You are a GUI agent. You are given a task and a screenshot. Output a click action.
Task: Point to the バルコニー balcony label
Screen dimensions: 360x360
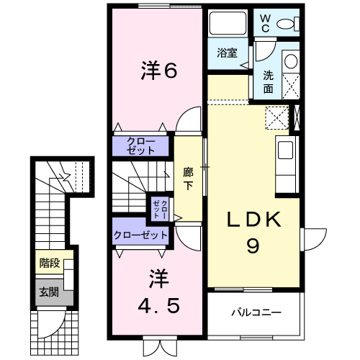(x=256, y=312)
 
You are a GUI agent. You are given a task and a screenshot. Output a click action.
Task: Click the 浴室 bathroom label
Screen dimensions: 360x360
(x=228, y=53)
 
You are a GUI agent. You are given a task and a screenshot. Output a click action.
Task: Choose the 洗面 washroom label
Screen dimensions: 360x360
(x=267, y=81)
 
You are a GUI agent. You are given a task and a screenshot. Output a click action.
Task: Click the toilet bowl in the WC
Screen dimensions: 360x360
(x=284, y=24)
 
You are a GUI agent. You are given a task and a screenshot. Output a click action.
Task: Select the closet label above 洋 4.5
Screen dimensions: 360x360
(x=140, y=235)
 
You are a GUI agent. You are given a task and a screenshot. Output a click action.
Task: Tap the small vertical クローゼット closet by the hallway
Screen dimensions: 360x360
(x=158, y=208)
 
